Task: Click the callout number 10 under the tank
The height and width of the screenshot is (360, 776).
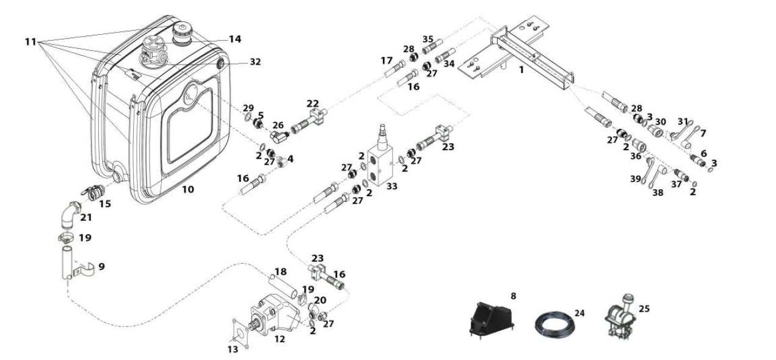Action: [x=188, y=190]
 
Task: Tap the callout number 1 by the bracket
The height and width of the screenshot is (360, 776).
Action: [x=521, y=70]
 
